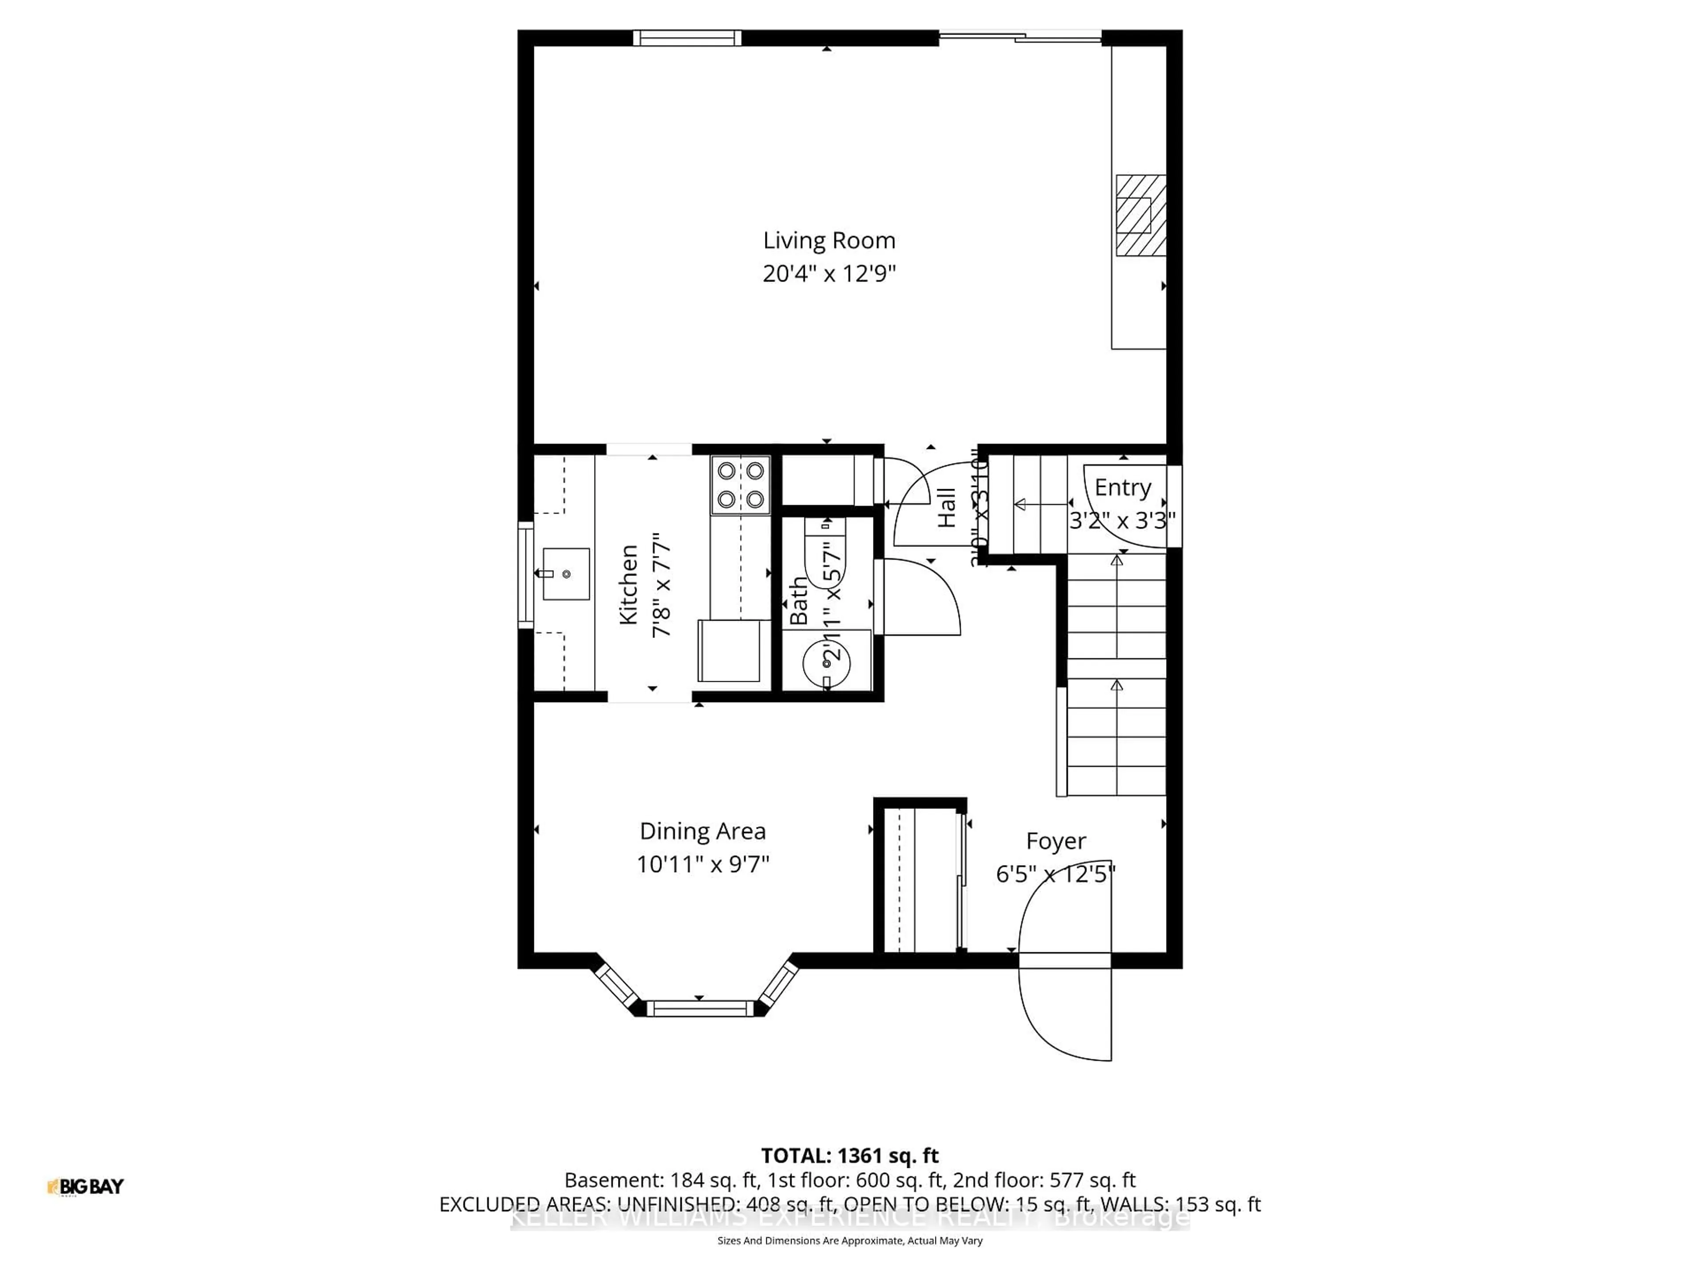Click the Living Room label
[828, 240]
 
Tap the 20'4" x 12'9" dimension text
[828, 274]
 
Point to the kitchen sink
[566, 573]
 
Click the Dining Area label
[703, 831]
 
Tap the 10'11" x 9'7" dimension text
[703, 865]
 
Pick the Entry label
[1122, 487]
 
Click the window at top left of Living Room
[687, 38]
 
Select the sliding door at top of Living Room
[1020, 36]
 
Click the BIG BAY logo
[85, 1186]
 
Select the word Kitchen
[629, 584]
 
